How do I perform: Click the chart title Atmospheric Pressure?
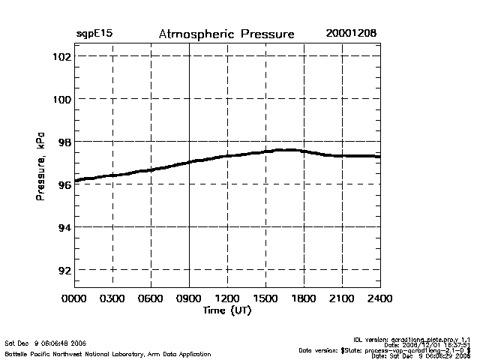[x=226, y=34]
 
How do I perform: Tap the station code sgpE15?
[x=94, y=34]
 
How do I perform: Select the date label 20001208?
[x=351, y=34]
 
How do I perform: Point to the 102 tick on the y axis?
[x=60, y=56]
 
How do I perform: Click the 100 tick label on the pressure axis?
[x=60, y=99]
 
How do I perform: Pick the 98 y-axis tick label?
[x=63, y=142]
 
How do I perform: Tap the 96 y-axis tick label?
[x=63, y=184]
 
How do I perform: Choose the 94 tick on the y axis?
[x=63, y=227]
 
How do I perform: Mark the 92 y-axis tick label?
[x=63, y=270]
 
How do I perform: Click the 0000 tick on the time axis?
[x=74, y=299]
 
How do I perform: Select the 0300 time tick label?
[x=112, y=299]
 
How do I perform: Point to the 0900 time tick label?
[x=189, y=299]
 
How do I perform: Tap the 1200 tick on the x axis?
[x=227, y=299]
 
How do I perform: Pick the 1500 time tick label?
[x=265, y=299]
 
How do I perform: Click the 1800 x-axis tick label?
[x=304, y=299]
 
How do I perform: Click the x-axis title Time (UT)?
[x=226, y=310]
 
